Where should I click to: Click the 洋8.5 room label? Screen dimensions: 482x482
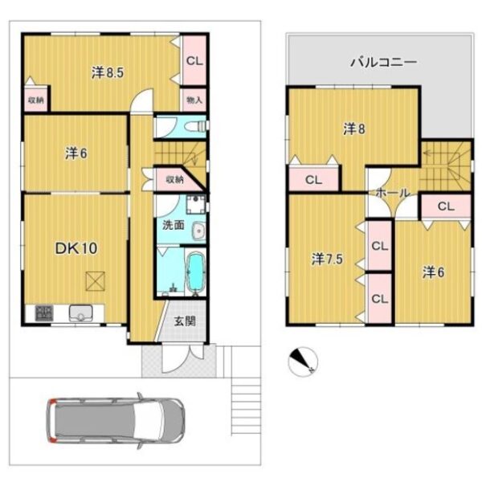(x=108, y=72)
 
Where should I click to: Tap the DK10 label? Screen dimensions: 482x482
(x=76, y=248)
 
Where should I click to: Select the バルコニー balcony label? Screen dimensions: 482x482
(x=384, y=62)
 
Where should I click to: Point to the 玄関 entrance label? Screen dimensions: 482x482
(x=185, y=321)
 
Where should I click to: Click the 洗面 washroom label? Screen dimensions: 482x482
(x=174, y=225)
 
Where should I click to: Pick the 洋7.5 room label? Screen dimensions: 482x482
(x=327, y=259)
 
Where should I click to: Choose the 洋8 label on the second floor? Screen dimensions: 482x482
(x=354, y=129)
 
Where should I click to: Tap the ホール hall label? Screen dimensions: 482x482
(x=393, y=193)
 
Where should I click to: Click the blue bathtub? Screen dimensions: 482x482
(x=195, y=272)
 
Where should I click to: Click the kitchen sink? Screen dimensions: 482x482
(x=81, y=313)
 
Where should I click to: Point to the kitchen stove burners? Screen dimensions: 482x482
(x=44, y=313)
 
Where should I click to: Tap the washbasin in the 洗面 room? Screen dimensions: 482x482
(x=198, y=231)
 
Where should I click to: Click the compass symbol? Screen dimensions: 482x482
(x=303, y=361)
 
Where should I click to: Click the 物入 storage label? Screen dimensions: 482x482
(x=194, y=100)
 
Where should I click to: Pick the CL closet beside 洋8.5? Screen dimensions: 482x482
(x=194, y=61)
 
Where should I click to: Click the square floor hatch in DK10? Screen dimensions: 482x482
(x=96, y=281)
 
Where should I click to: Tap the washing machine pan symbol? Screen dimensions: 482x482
(x=196, y=204)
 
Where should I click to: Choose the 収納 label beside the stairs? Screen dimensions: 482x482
(x=175, y=179)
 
